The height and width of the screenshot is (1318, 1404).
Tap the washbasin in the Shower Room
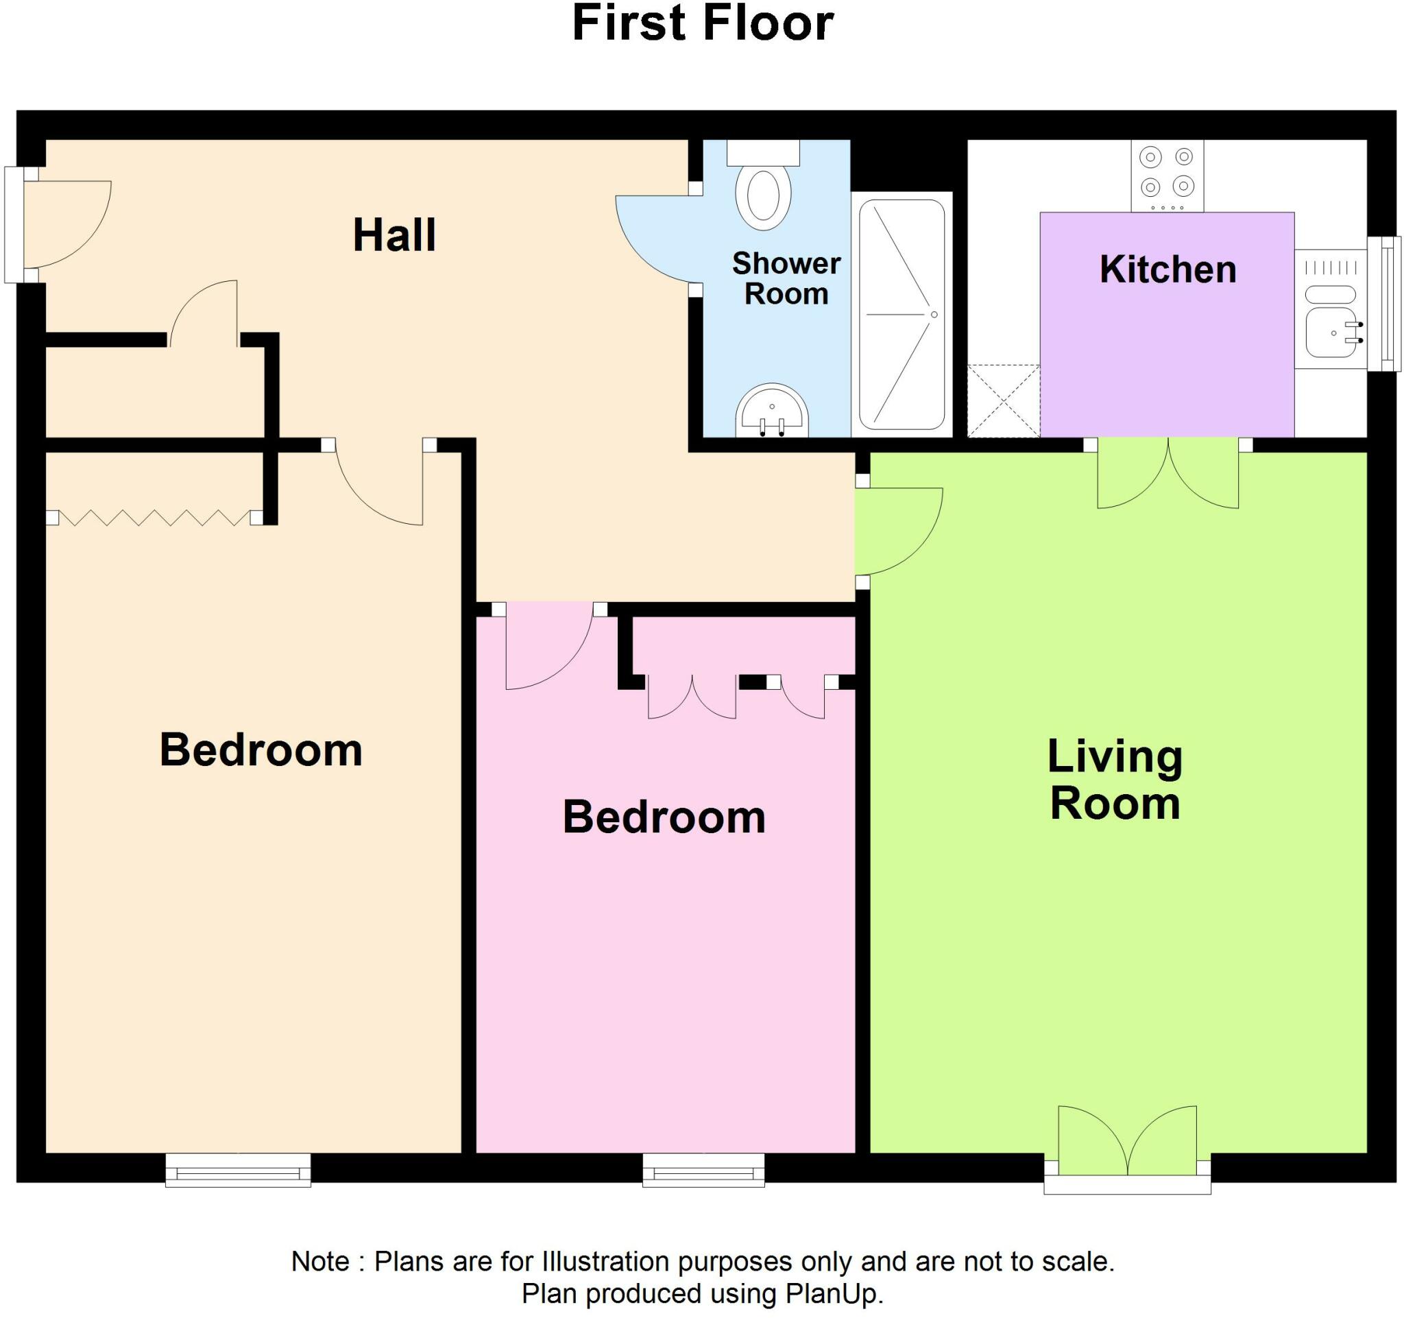[x=771, y=414]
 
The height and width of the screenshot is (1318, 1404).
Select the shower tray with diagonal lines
[x=901, y=314]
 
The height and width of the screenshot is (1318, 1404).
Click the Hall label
[x=394, y=235]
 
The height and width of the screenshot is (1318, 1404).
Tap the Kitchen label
[x=1167, y=269]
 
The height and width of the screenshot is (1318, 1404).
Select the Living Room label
[x=1115, y=780]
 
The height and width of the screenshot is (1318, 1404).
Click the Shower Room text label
[x=786, y=278]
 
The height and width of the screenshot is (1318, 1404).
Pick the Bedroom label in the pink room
[x=664, y=817]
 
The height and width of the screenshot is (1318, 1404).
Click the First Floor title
[x=702, y=23]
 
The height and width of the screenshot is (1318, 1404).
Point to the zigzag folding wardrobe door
[x=154, y=518]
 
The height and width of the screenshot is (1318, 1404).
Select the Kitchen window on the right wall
[x=1384, y=304]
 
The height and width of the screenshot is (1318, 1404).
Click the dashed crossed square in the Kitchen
[x=1003, y=400]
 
